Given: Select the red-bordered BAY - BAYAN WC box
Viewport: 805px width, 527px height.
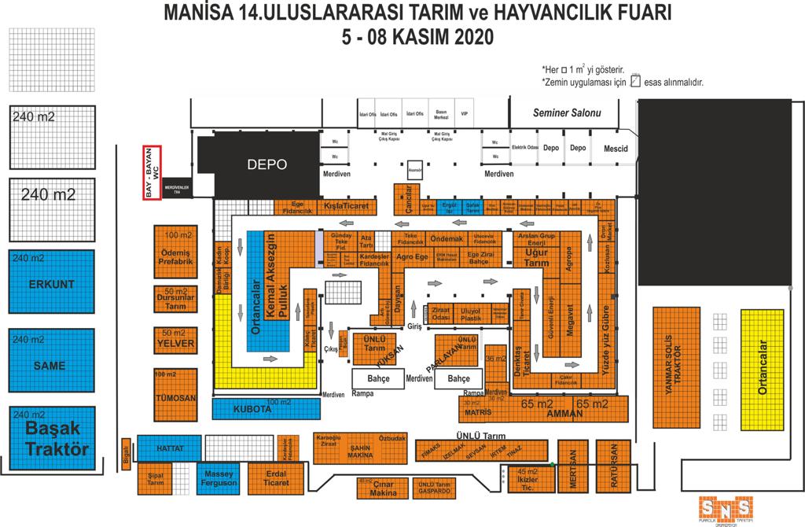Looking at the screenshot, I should pos(152,172).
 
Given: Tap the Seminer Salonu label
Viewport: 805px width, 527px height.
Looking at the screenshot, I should pos(566,113).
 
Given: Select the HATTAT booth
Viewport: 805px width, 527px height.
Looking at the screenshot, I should pos(169,448).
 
